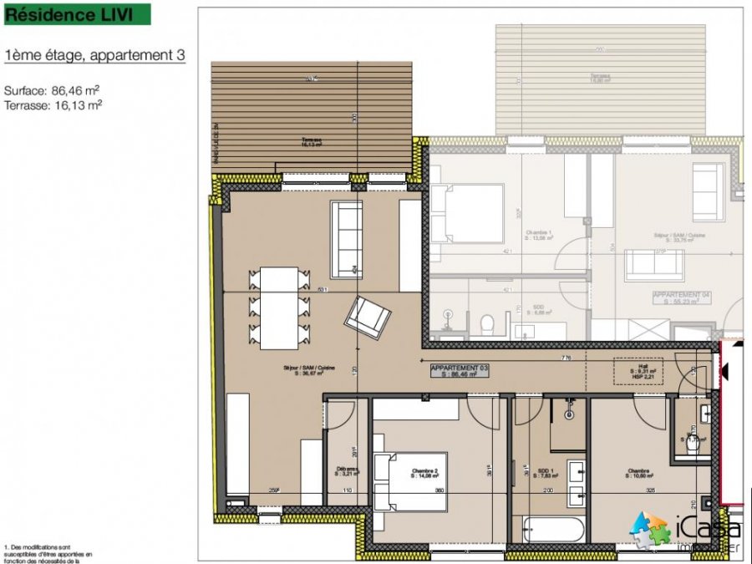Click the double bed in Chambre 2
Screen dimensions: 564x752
pos(411,481)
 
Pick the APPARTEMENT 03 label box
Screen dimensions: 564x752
pos(459,372)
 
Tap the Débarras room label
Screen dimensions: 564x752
pos(346,471)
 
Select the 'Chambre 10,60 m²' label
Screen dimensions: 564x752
pos(638,474)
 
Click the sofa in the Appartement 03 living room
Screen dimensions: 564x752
pos(347,240)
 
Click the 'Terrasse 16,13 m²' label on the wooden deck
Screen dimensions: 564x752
pos(313,142)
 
